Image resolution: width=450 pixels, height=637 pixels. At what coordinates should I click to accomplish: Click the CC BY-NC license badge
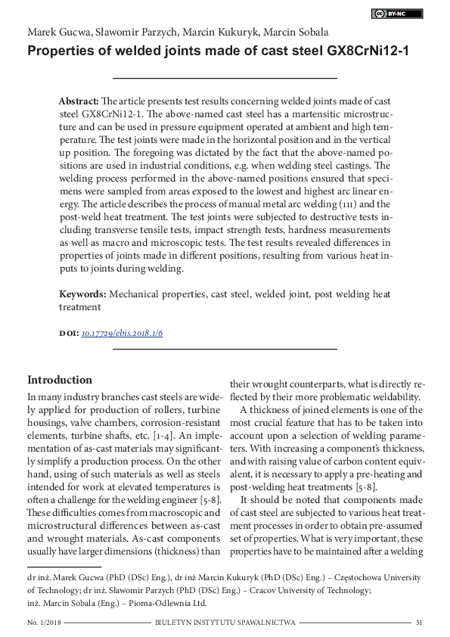point(398,13)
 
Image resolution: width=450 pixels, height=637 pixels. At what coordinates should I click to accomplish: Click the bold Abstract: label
point(79,101)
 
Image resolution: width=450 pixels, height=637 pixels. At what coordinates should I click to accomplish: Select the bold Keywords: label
point(83,294)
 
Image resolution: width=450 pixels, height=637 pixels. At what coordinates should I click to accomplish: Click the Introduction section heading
point(60,380)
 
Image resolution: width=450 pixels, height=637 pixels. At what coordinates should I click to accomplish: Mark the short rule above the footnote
point(64,566)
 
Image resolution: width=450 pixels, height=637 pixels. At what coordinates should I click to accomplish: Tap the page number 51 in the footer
point(418,623)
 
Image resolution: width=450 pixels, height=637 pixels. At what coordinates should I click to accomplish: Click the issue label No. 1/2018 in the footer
point(44,623)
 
